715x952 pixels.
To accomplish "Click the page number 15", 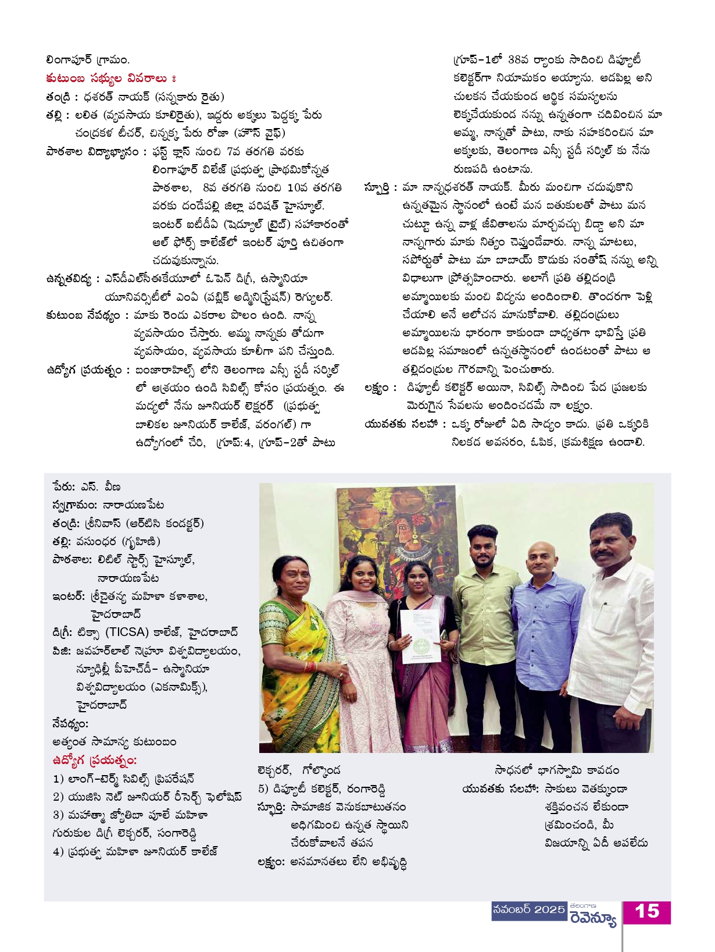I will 646,912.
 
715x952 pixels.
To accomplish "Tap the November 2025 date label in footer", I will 528,910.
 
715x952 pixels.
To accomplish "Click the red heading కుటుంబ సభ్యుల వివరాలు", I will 110,79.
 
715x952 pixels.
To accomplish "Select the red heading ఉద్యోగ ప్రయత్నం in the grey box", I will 94,761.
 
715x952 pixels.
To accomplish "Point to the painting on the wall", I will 396,535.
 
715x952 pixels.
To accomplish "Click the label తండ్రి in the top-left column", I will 59,97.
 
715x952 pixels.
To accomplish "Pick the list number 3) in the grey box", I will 58,815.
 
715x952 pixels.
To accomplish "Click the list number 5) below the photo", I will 263,789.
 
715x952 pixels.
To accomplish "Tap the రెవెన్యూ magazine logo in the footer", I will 593,918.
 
